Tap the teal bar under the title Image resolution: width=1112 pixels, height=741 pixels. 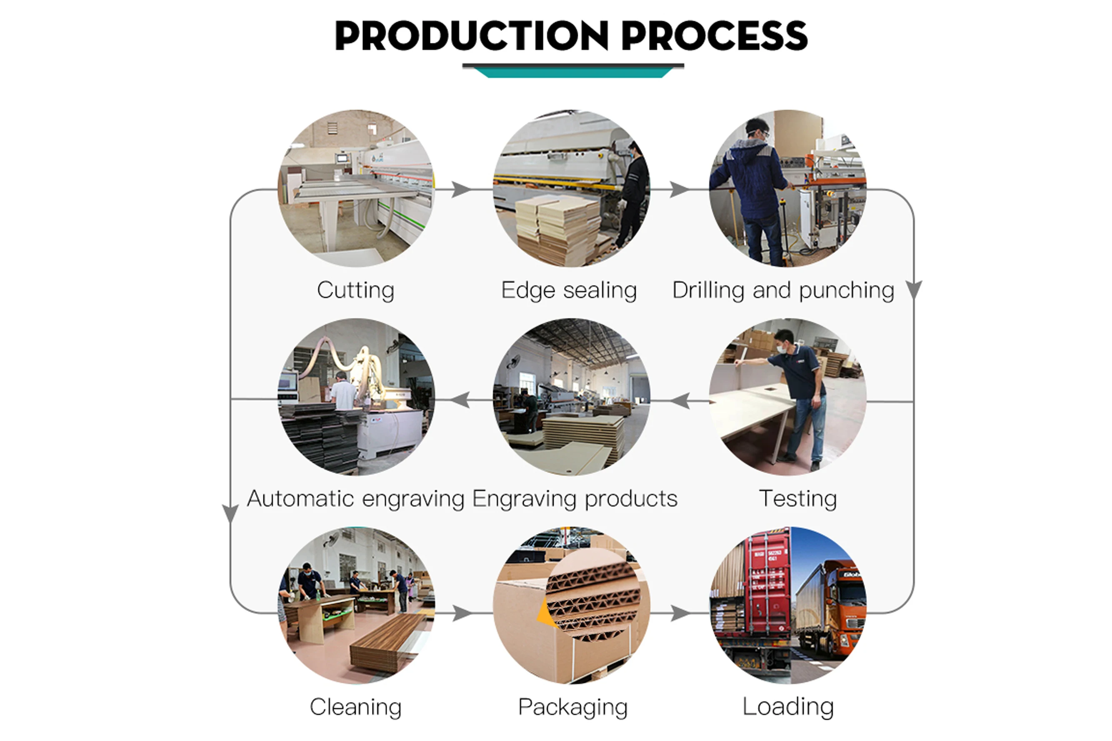pos(573,72)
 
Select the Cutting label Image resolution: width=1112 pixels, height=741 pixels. pos(355,290)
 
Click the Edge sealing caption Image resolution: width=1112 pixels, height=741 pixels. pos(569,290)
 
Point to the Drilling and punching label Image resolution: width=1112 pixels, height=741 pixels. pos(783,290)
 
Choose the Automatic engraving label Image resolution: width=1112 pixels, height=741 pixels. pos(355,499)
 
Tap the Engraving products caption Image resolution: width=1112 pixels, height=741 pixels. pos(575,499)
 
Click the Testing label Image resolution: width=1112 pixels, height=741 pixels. pos(798,499)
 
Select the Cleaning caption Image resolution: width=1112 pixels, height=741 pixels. pos(355,707)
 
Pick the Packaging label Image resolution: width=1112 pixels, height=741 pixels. pos(573,707)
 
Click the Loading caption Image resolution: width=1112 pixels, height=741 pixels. pos(788,706)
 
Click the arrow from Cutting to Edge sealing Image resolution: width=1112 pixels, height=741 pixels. pos(461,190)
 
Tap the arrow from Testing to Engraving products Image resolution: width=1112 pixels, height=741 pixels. pos(680,401)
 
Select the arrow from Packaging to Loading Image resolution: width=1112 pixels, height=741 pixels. pos(680,614)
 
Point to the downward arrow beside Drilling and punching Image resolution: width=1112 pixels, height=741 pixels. pos(914,289)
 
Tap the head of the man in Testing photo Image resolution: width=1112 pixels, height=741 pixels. pos(786,339)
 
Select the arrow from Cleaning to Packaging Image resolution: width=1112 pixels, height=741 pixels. pos(461,614)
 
